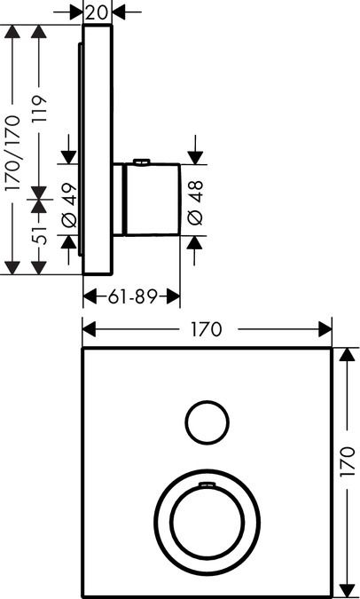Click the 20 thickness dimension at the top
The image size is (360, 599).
pyautogui.click(x=96, y=12)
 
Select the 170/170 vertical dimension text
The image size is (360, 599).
pyautogui.click(x=12, y=154)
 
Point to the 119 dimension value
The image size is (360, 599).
pyautogui.click(x=39, y=109)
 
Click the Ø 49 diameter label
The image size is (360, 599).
pyautogui.click(x=69, y=205)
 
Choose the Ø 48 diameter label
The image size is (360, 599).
pyautogui.click(x=195, y=203)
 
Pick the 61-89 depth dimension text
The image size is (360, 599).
pyautogui.click(x=132, y=296)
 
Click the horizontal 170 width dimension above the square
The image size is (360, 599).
pyautogui.click(x=206, y=329)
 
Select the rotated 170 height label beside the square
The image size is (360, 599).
pyautogui.click(x=347, y=461)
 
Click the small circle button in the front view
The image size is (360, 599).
pyautogui.click(x=207, y=422)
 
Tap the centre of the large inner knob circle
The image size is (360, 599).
pyautogui.click(x=207, y=522)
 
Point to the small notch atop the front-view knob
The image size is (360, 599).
pyautogui.click(x=207, y=485)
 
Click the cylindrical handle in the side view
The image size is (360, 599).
pyautogui.click(x=153, y=199)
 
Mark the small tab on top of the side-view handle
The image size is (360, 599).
pyautogui.click(x=140, y=162)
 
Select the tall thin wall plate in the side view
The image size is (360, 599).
pyautogui.click(x=98, y=150)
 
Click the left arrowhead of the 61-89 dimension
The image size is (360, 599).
pyautogui.click(x=90, y=296)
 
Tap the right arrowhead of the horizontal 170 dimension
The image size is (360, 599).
pyautogui.click(x=325, y=329)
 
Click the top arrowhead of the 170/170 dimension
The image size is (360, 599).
pyautogui.click(x=12, y=31)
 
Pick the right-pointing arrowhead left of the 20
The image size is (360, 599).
pyautogui.click(x=76, y=12)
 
